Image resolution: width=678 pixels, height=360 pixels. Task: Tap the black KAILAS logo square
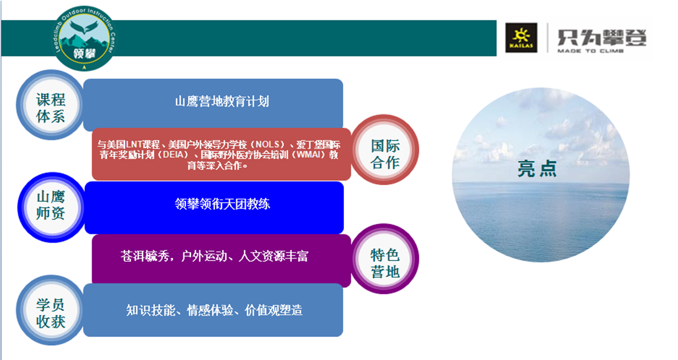[x=521, y=38]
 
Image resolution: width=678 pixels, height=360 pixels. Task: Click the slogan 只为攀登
[x=601, y=37]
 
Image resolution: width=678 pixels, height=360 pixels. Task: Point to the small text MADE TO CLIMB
[x=590, y=51]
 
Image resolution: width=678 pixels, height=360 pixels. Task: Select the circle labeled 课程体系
[x=50, y=106]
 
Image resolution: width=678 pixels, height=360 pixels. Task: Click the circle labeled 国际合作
[x=384, y=150]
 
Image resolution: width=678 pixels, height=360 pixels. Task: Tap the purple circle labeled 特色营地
[x=384, y=259]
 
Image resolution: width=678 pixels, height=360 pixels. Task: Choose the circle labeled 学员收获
[x=50, y=310]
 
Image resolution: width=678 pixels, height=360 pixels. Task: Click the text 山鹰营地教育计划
[x=222, y=101]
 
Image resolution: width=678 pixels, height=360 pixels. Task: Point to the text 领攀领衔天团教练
[x=222, y=203]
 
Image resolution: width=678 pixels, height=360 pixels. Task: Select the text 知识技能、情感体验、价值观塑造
[x=214, y=310]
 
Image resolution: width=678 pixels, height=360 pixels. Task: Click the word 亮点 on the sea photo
[x=537, y=168]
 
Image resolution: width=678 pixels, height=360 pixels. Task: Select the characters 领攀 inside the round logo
[x=85, y=53]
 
